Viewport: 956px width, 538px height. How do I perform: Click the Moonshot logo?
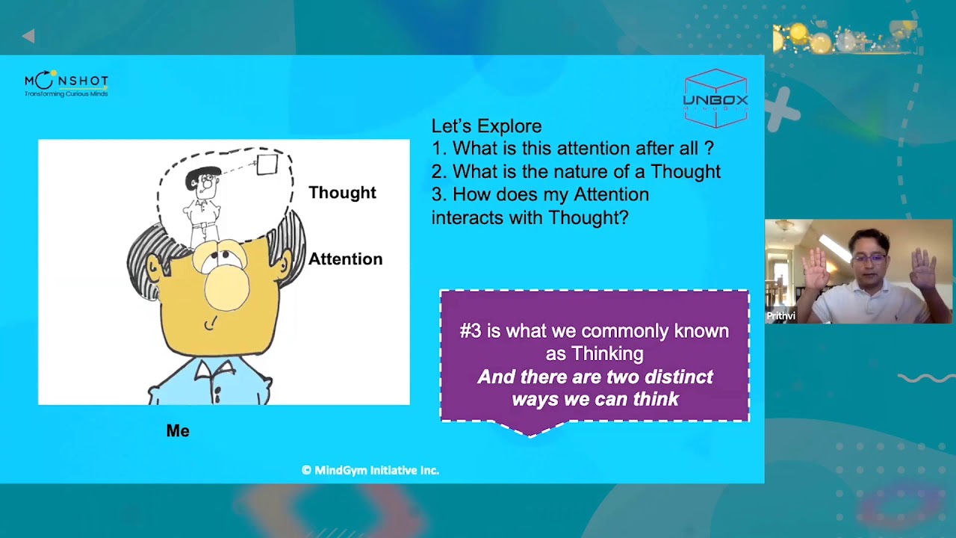(x=66, y=84)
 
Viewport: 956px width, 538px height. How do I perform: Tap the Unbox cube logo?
(x=716, y=98)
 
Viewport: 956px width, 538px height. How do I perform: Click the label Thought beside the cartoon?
(x=342, y=193)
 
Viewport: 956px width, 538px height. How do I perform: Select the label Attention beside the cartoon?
(x=345, y=259)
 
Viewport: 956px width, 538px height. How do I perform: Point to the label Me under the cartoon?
(x=178, y=431)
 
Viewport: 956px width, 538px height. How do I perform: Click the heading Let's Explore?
(x=486, y=126)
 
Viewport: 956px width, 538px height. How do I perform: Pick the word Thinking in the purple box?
(x=605, y=353)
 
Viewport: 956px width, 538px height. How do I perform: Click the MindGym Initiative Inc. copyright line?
(x=370, y=470)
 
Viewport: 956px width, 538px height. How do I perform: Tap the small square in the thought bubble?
(x=267, y=164)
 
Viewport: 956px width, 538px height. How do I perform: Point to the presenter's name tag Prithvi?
(x=781, y=316)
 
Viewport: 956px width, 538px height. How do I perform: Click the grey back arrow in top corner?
(x=28, y=36)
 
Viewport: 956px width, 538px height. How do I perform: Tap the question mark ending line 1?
(x=709, y=149)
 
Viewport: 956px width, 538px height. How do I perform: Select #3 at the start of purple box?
(x=471, y=331)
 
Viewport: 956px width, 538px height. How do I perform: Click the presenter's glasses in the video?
(x=869, y=259)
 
